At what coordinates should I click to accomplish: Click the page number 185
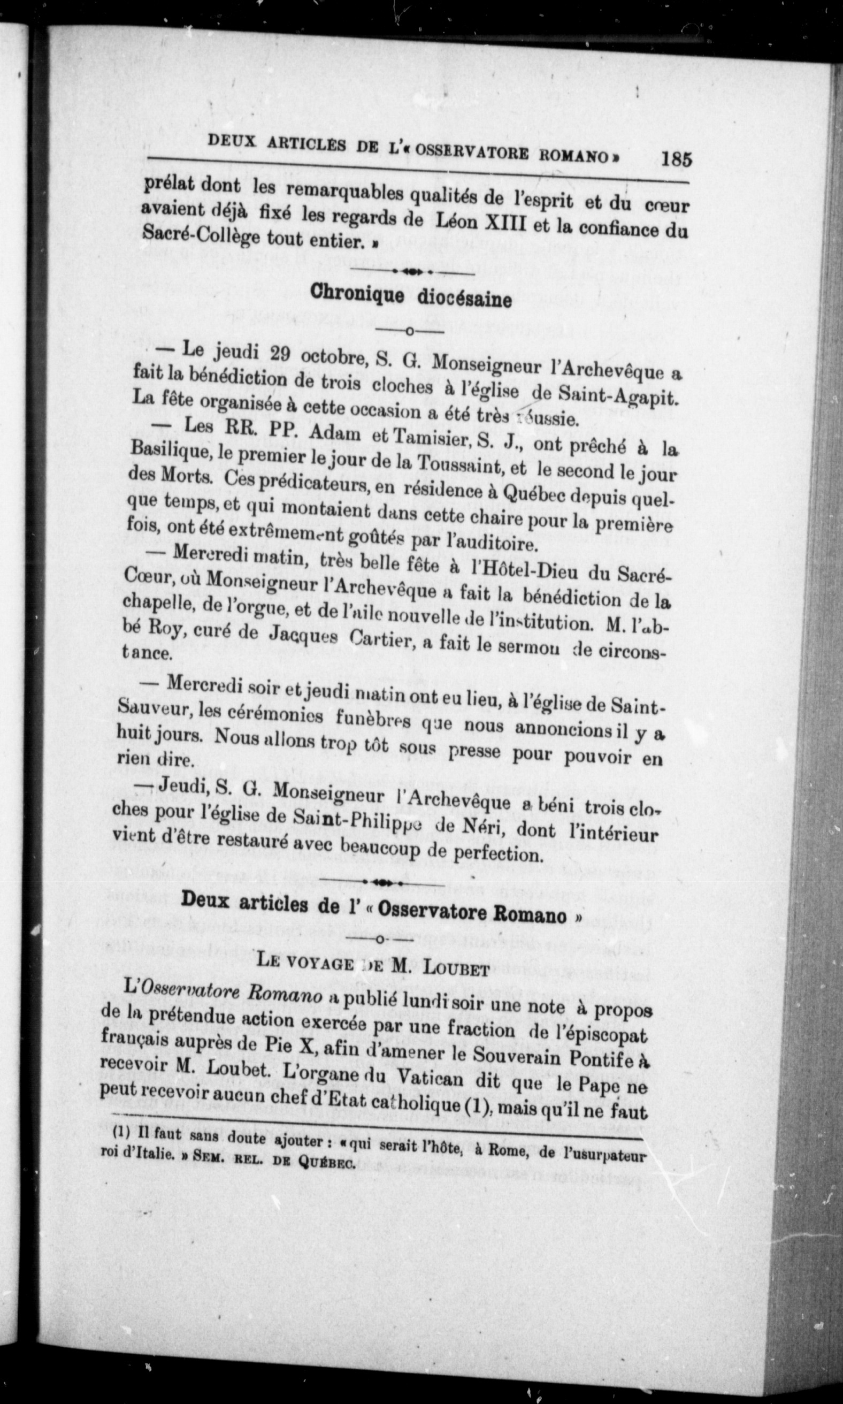click(677, 158)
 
